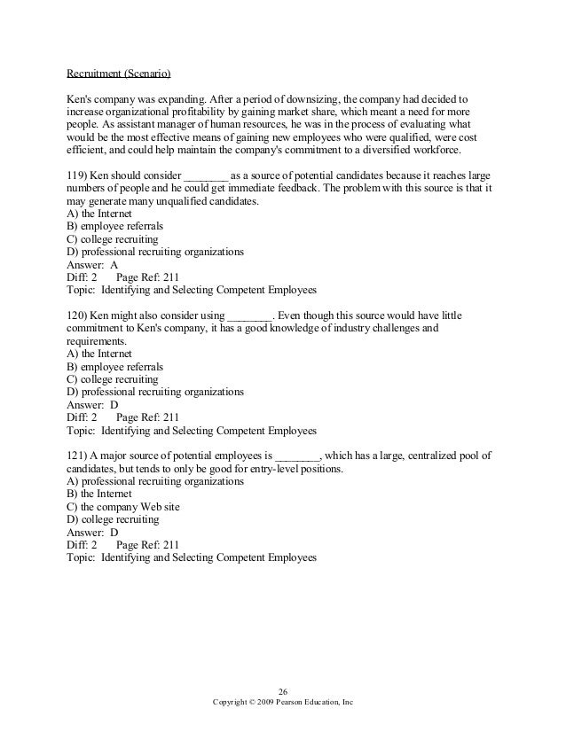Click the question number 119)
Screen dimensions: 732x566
[78, 175]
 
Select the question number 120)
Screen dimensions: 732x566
[78, 315]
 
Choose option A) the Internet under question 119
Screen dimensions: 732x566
[100, 214]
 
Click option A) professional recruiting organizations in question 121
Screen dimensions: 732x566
[155, 481]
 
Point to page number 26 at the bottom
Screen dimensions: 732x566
[283, 691]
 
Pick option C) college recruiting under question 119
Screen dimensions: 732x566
[114, 239]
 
